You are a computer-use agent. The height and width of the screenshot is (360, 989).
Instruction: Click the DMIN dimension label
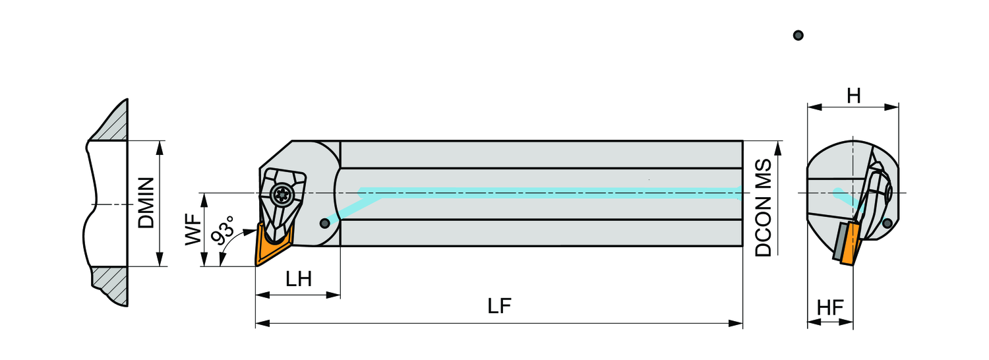pyautogui.click(x=146, y=203)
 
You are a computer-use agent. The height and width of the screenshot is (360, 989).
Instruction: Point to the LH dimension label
pyautogui.click(x=299, y=279)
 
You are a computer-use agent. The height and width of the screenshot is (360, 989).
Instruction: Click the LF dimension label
pyautogui.click(x=500, y=307)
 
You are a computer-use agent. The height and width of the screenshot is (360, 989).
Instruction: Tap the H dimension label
pyautogui.click(x=854, y=96)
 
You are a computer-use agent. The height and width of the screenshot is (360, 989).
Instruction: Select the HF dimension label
pyautogui.click(x=830, y=307)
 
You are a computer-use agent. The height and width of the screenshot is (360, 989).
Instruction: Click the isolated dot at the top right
pyautogui.click(x=798, y=35)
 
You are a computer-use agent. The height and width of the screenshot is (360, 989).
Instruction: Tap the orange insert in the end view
pyautogui.click(x=851, y=244)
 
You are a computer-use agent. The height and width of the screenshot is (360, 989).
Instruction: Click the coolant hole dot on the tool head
pyautogui.click(x=324, y=224)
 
